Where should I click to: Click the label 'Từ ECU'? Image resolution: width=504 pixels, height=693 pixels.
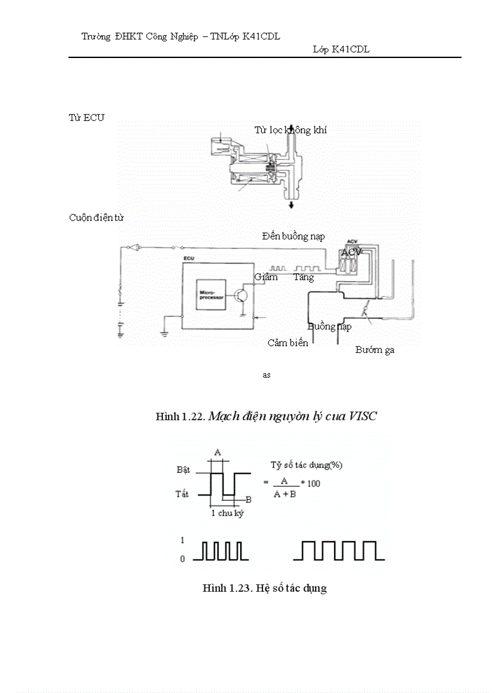click(86, 118)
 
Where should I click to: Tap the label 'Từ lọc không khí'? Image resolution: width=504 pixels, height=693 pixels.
click(290, 130)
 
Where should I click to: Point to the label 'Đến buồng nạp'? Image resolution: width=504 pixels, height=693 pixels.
click(293, 236)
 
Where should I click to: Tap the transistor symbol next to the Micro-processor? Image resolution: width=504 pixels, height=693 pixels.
click(241, 294)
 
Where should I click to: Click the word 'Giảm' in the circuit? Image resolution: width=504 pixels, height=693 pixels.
click(266, 277)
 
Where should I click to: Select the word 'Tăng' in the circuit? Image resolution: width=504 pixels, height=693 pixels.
click(303, 277)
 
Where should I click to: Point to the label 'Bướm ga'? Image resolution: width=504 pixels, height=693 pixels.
click(375, 350)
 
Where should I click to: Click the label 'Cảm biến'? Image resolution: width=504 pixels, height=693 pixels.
click(288, 342)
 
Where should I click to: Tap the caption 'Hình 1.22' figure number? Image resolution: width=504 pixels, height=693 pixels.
click(180, 417)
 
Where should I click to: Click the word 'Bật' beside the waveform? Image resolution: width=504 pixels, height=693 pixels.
click(183, 470)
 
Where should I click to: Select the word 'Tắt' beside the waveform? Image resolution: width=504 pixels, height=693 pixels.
click(183, 494)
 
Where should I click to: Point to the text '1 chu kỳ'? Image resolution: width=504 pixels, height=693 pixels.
click(227, 513)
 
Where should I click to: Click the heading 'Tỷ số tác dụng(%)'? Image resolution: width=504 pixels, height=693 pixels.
click(306, 465)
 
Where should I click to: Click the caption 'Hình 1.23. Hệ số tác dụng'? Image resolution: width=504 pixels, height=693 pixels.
click(264, 588)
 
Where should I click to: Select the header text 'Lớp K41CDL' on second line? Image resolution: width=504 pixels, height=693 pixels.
click(341, 49)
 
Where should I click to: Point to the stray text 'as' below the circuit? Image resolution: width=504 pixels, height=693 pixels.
click(266, 375)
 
